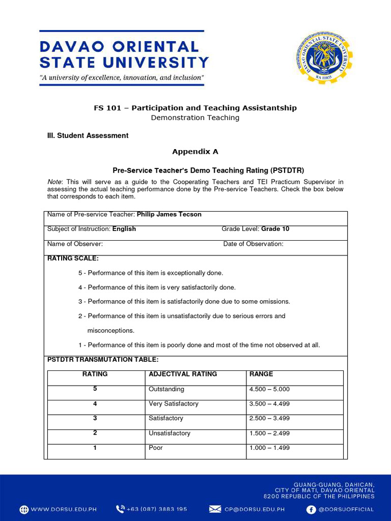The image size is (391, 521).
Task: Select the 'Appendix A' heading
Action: click(195, 152)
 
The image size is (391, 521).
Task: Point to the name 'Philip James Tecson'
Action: click(169, 215)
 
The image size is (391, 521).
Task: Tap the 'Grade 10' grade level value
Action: click(275, 229)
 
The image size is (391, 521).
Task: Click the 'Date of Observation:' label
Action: click(253, 244)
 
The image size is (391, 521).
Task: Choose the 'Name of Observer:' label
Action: click(75, 244)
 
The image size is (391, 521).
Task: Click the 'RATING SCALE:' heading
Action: click(73, 258)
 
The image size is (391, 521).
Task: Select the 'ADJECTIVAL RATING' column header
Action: click(183, 374)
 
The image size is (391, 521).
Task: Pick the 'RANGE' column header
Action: click(261, 374)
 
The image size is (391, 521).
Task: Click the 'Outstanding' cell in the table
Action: click(166, 389)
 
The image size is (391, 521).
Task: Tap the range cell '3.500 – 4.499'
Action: click(269, 404)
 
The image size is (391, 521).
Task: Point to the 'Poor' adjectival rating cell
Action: click(156, 448)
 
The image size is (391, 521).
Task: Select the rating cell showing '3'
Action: click(95, 418)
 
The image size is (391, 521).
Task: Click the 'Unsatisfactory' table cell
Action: click(170, 433)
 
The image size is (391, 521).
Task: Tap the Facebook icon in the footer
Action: click(311, 509)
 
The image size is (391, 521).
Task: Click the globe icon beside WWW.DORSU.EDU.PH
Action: click(24, 509)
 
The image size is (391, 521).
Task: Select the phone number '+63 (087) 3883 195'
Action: click(157, 509)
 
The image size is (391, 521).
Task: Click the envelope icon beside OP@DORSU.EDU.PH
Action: click(215, 509)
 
